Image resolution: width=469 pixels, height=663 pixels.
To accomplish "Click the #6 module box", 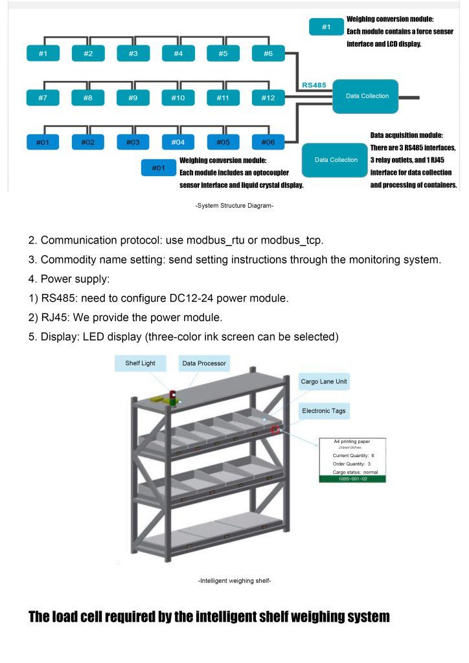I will (268, 54).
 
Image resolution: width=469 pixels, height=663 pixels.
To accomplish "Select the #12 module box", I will (268, 98).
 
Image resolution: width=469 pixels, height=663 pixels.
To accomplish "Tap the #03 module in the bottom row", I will (133, 142).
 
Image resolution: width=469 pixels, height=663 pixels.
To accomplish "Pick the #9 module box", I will (133, 98).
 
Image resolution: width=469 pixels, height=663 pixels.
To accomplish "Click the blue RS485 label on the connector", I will (314, 85).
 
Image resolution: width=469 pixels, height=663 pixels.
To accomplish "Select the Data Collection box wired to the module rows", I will (367, 96).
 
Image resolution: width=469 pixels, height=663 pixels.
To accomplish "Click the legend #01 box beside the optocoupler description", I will (159, 168).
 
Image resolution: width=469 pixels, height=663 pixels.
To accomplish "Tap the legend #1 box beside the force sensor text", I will (326, 27).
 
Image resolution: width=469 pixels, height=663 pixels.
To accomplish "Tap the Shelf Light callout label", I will (141, 363).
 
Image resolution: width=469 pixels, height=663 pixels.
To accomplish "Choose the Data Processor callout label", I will (203, 363).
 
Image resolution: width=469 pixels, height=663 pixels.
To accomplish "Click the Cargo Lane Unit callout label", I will (324, 381).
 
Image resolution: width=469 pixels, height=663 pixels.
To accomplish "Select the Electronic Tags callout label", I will (323, 410).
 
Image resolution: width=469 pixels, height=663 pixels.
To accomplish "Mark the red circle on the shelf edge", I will (276, 429).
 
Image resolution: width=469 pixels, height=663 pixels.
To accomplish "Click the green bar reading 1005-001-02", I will (353, 478).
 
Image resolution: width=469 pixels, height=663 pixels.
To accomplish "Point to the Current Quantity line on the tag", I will (353, 455).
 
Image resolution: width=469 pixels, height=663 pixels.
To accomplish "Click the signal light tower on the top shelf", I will (173, 398).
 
